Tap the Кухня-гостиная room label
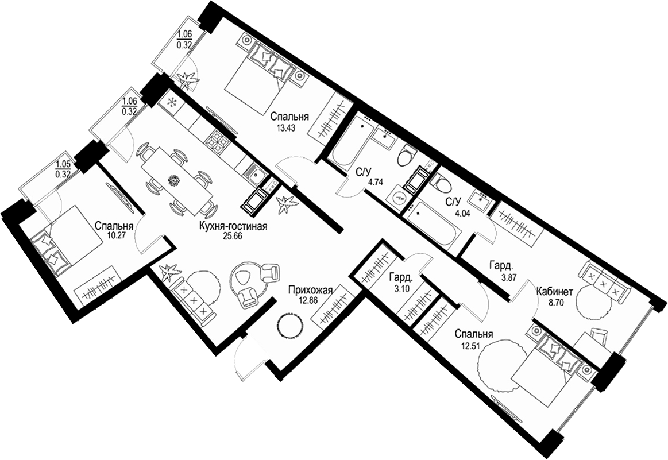(x=233, y=226)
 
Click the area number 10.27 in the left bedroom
(x=114, y=235)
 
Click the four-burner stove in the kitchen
(x=218, y=141)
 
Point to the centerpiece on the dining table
(x=173, y=180)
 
